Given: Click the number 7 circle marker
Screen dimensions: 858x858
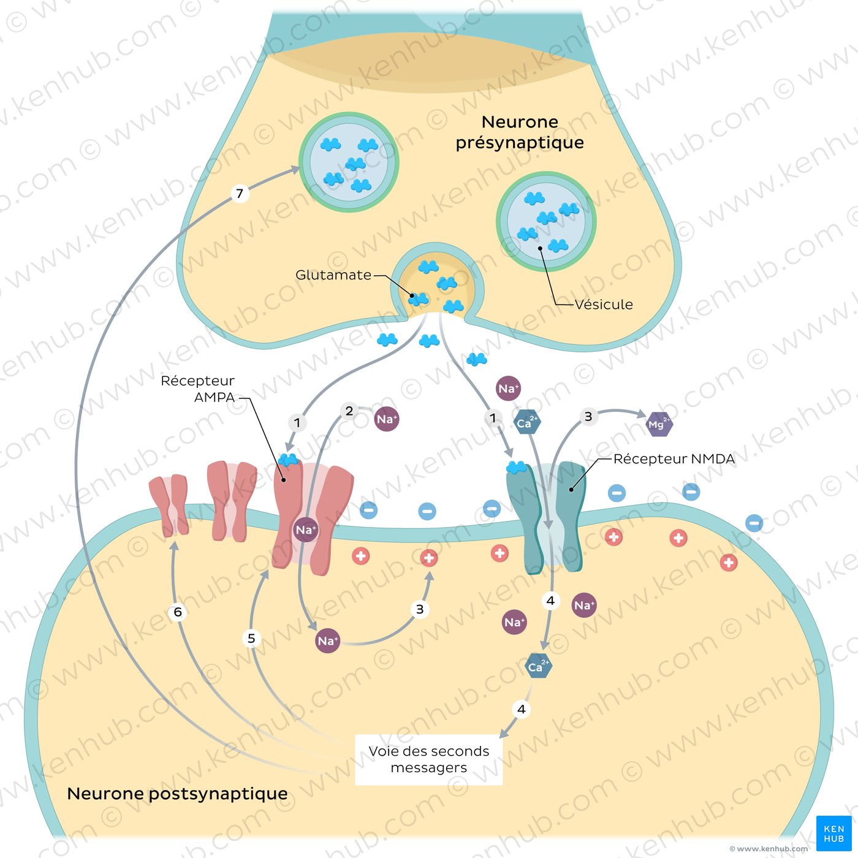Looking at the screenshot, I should pyautogui.click(x=240, y=194).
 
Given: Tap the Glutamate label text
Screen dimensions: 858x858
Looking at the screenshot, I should pyautogui.click(x=333, y=275).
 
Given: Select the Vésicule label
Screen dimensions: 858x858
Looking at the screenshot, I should pyautogui.click(x=603, y=305).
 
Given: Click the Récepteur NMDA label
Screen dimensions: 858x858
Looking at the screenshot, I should pyautogui.click(x=674, y=459).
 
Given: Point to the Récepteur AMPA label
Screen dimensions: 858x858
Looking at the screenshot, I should pyautogui.click(x=197, y=389).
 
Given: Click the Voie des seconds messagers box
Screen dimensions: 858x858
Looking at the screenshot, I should pyautogui.click(x=429, y=759).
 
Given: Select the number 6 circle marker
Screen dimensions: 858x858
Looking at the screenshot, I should pyautogui.click(x=178, y=612).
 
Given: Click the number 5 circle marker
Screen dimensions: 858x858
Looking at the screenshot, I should pyautogui.click(x=251, y=639).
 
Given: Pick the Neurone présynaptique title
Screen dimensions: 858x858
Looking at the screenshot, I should pyautogui.click(x=520, y=132).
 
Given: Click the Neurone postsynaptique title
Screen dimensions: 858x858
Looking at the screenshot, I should pyautogui.click(x=177, y=794).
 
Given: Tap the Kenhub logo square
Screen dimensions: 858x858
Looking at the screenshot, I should pyautogui.click(x=833, y=833).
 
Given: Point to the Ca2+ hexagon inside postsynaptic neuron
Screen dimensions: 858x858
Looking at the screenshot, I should pyautogui.click(x=539, y=667).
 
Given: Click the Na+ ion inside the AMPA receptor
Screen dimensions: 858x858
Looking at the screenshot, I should pyautogui.click(x=305, y=530).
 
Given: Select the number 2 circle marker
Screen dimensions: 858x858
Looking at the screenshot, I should pyautogui.click(x=349, y=411).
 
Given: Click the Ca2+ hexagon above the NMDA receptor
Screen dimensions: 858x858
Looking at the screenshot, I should pyautogui.click(x=526, y=422).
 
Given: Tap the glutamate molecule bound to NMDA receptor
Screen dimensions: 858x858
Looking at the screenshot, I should pyautogui.click(x=516, y=468).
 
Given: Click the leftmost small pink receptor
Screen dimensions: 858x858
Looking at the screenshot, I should pyautogui.click(x=169, y=504).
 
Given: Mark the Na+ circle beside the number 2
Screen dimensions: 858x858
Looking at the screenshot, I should pyautogui.click(x=387, y=419).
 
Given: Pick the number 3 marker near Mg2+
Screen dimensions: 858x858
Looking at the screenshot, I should pyautogui.click(x=588, y=417).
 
